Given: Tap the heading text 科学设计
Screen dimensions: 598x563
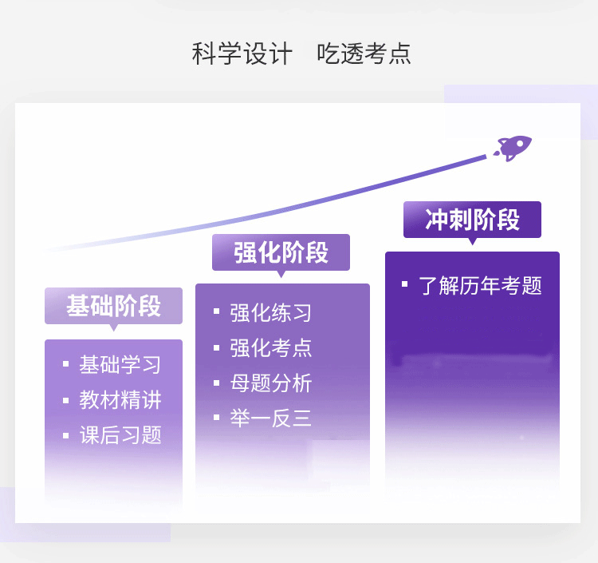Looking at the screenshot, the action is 242,54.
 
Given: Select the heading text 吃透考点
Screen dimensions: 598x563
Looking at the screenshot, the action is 364,54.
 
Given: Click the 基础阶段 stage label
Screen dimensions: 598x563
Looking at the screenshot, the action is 114,306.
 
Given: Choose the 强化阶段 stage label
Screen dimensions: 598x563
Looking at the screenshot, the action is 281,252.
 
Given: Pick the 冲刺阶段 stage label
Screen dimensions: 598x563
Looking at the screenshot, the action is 473,220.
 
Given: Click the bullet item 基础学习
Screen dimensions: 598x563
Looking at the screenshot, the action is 120,364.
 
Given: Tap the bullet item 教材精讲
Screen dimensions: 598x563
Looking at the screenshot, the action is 120,400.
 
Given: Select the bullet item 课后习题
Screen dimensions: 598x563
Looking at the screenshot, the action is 120,435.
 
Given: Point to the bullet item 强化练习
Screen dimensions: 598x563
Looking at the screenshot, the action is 271,312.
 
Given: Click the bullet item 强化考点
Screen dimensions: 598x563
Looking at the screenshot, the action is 271,348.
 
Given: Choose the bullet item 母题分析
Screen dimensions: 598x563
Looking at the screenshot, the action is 271,383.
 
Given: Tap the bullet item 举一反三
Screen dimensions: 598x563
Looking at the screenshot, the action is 271,418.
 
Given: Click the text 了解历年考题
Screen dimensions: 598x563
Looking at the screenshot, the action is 480,285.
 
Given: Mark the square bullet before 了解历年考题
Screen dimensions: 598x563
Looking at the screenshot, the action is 404,284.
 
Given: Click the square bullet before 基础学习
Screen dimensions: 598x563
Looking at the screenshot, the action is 66,364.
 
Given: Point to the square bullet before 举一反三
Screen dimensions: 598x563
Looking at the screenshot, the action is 217,417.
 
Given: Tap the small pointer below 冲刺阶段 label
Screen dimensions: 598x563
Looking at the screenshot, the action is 473,241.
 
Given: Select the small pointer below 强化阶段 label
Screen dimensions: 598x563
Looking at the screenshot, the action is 281,274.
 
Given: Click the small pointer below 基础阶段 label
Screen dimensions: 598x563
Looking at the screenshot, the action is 114,327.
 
